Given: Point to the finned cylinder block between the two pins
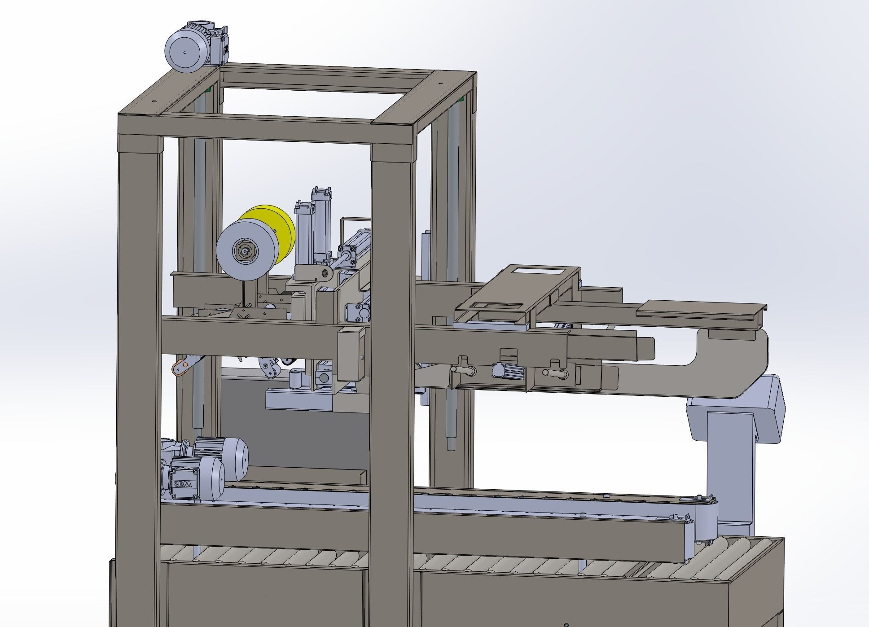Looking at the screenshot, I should (x=507, y=371).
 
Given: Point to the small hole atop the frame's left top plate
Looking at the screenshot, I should (x=154, y=101).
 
